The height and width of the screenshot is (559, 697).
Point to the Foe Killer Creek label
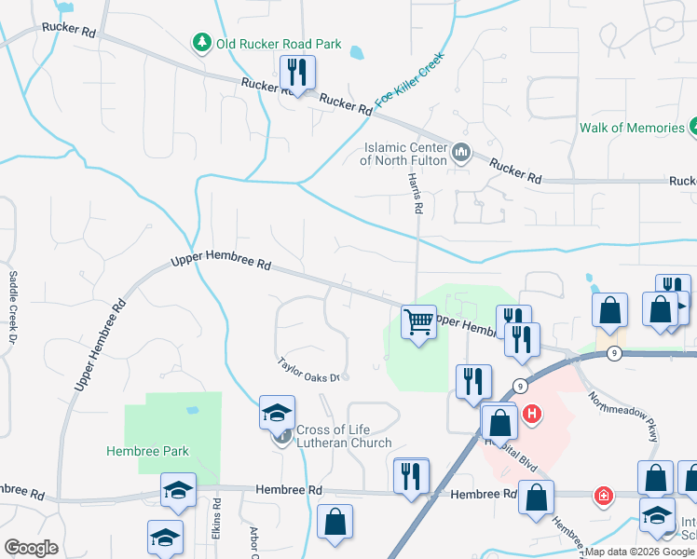coord(410,79)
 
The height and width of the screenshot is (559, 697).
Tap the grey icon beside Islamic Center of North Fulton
coord(459,152)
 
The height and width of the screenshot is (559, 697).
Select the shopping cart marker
coord(418,323)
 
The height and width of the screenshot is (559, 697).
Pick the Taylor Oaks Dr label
coord(313,370)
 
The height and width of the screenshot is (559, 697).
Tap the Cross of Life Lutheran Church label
coord(344,436)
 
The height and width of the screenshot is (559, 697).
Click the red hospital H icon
coord(532,414)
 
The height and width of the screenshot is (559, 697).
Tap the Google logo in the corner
coord(31,548)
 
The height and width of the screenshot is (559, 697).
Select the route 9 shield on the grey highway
coord(614,353)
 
